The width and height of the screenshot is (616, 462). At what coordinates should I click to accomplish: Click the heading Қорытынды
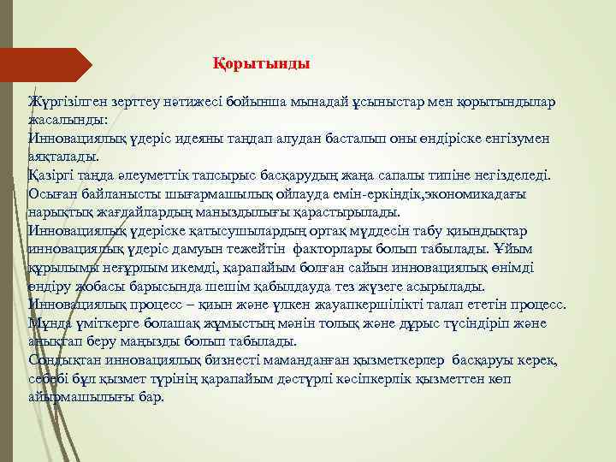click(x=261, y=64)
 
